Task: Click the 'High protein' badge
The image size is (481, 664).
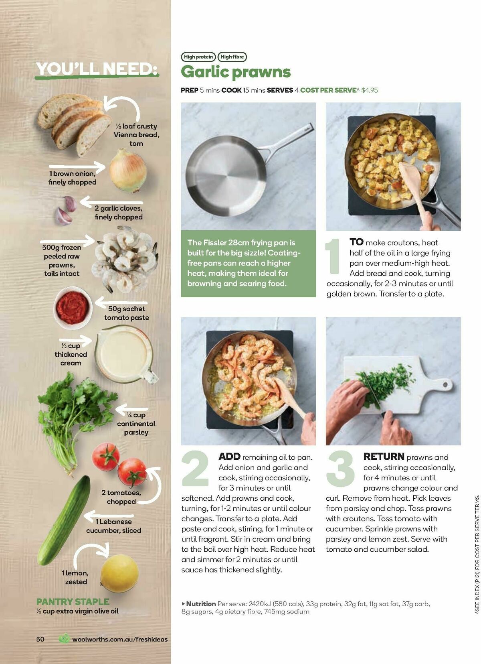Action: [198, 57]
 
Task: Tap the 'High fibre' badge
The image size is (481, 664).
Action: [232, 57]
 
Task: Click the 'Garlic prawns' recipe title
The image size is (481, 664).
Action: [236, 72]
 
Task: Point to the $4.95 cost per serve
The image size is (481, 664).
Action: [370, 90]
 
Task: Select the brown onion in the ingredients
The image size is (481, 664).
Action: [128, 171]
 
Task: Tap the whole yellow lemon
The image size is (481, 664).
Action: [119, 574]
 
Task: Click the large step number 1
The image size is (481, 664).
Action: [333, 257]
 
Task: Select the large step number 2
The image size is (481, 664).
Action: [195, 469]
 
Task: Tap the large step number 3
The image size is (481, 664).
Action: [340, 469]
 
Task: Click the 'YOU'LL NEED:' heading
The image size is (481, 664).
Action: [96, 69]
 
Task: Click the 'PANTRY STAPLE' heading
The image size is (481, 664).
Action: [73, 602]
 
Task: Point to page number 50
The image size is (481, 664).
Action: [40, 639]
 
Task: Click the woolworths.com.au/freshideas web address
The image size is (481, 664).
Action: [120, 639]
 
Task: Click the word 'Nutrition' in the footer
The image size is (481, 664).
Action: [201, 603]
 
